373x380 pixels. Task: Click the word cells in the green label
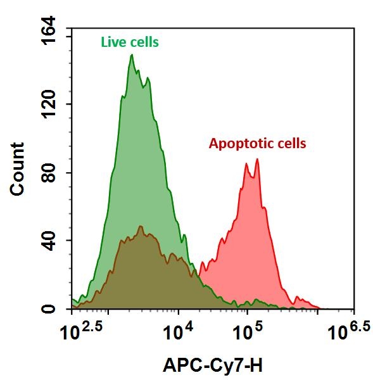(x=142, y=43)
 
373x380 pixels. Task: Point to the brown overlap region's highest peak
(x=141, y=227)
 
